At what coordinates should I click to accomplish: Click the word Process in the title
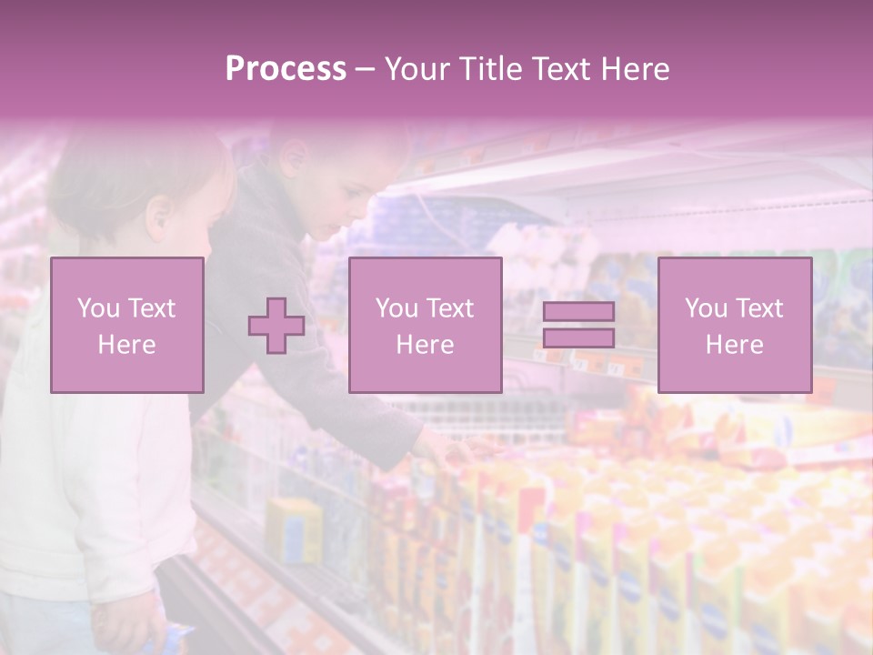tap(286, 69)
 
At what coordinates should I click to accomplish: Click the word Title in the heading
tap(488, 69)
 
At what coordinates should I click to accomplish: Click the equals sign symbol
tap(578, 325)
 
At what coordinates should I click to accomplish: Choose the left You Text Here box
tap(127, 325)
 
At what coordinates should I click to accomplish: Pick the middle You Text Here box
tap(425, 325)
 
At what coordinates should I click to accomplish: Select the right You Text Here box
tap(734, 325)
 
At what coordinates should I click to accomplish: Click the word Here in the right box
tap(734, 344)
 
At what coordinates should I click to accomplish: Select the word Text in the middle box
tap(449, 307)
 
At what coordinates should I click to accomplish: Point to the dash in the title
tap(365, 69)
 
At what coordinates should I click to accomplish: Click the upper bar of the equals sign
tap(578, 311)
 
